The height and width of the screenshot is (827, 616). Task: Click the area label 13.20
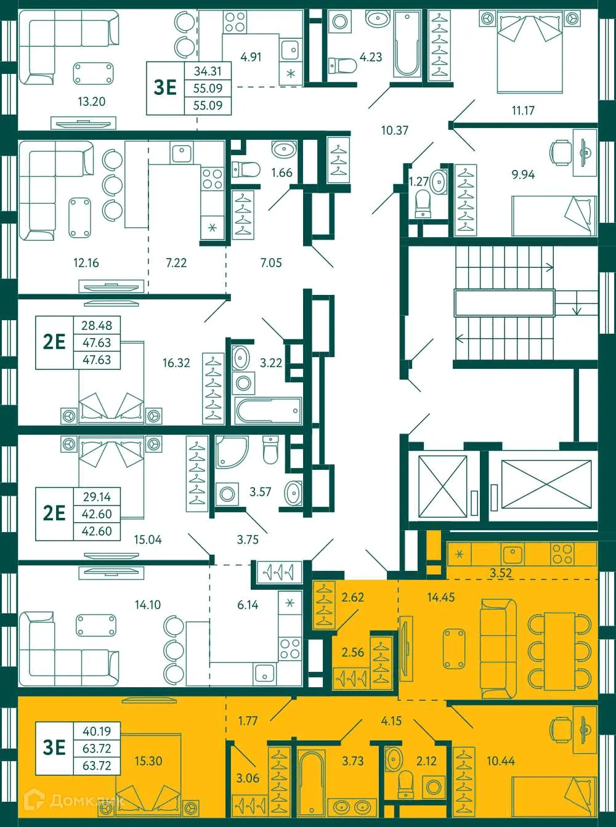[x=91, y=102]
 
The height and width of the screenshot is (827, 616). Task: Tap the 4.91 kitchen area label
[x=251, y=57]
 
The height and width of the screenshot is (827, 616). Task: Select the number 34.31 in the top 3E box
[x=208, y=71]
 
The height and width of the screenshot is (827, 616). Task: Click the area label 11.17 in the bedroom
[x=522, y=110]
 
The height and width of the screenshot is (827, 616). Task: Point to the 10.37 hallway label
[x=394, y=130]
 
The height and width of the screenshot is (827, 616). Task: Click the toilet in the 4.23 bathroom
[x=342, y=65]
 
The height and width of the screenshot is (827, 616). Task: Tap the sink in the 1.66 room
[x=284, y=149]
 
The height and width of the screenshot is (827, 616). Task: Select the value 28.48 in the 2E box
[x=97, y=325]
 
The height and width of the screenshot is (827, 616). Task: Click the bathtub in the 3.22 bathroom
[x=268, y=410]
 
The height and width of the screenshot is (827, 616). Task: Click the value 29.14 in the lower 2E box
[x=97, y=496]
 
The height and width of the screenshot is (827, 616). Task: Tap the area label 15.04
[x=148, y=539]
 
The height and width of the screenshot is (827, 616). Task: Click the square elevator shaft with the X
[x=442, y=486]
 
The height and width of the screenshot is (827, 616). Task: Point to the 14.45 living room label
[x=441, y=597]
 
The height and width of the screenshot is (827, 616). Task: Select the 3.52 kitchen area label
[x=500, y=572]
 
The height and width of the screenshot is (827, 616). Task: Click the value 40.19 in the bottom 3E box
[x=97, y=731]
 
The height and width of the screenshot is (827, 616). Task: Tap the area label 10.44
[x=500, y=761]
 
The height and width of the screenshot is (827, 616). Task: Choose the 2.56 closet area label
[x=353, y=652]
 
